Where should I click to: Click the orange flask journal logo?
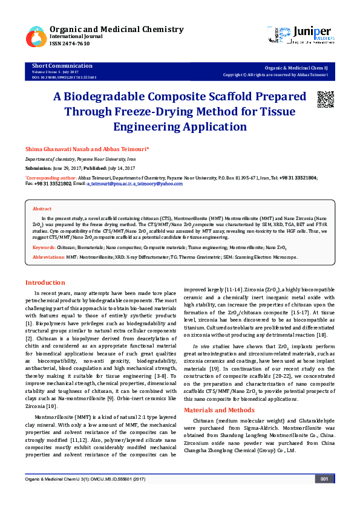tap(36, 37)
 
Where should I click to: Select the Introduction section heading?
tap(45, 282)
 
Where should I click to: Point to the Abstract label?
tap(42, 208)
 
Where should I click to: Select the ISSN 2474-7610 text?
tap(70, 44)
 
